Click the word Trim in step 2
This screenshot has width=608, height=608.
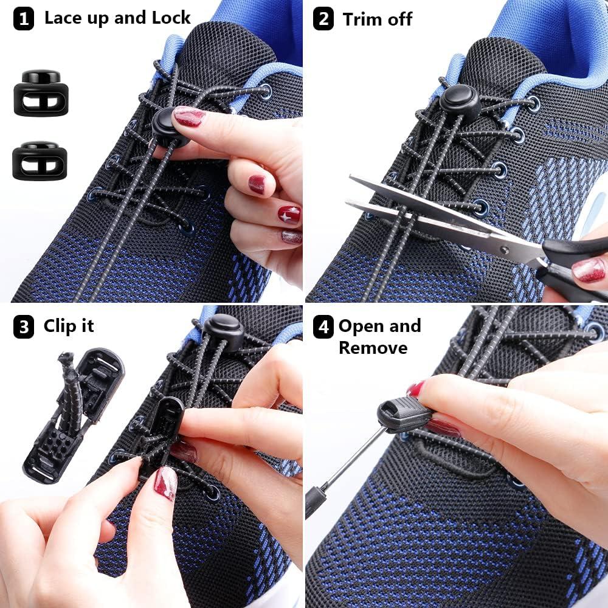[361, 19]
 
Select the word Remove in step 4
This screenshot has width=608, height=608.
[373, 348]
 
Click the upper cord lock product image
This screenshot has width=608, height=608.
[41, 93]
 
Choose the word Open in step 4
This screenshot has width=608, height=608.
[362, 326]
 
